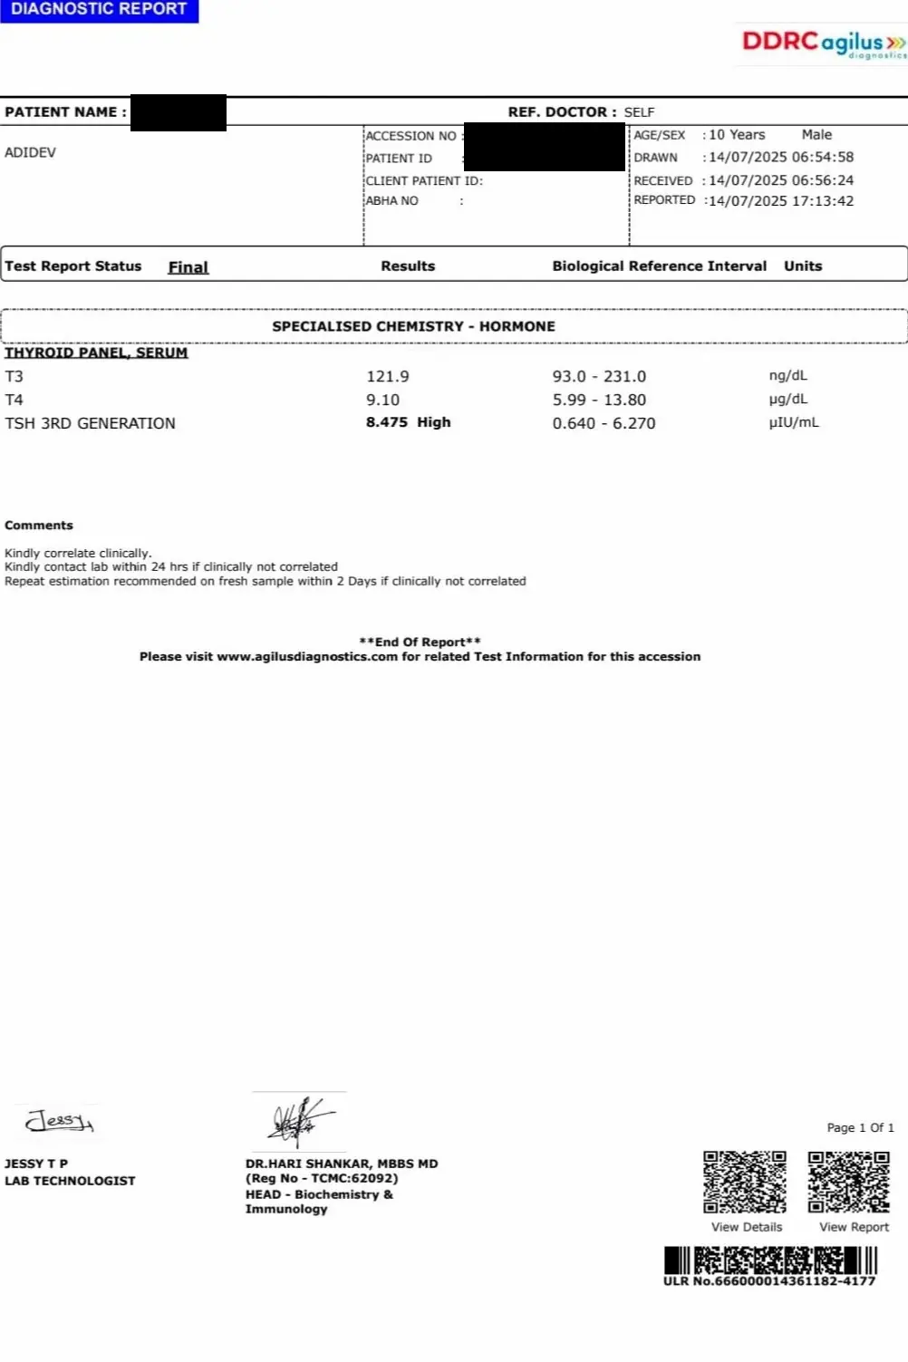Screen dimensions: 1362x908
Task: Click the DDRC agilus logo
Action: (823, 43)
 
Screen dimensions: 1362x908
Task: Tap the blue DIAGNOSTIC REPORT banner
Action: (99, 10)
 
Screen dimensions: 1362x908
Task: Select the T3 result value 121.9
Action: (387, 377)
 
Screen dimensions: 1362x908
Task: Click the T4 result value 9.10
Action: (382, 401)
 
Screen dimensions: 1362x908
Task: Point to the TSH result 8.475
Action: (387, 423)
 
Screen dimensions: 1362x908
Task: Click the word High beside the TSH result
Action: (434, 423)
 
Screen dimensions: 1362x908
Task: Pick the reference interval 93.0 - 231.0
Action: (599, 377)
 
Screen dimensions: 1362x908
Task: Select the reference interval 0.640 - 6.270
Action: (604, 424)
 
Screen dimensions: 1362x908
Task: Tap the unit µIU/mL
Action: (794, 423)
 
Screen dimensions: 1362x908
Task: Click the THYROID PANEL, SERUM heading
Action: (96, 353)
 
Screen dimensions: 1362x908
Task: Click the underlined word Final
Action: (188, 267)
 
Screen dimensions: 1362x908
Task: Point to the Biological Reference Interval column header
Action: (659, 266)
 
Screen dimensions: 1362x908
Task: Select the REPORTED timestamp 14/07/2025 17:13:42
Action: (781, 201)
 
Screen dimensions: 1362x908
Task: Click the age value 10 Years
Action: (737, 135)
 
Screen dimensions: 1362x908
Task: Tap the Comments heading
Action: (39, 526)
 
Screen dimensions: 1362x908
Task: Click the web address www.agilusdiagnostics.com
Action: (307, 657)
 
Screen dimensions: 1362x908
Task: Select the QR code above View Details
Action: (745, 1182)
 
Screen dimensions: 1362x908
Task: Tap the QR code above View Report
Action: (849, 1182)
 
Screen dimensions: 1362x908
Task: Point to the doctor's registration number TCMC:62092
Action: (354, 1179)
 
